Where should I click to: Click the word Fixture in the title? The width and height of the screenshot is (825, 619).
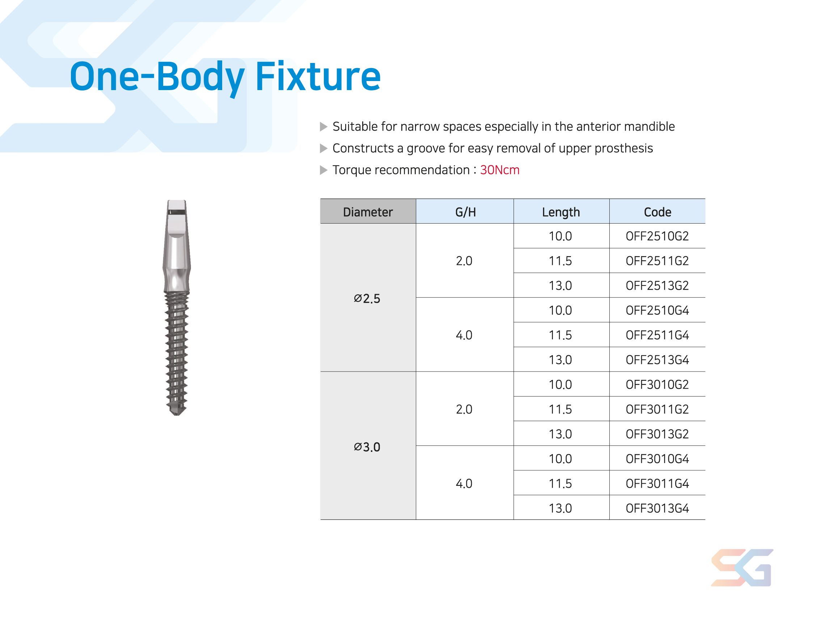point(318,76)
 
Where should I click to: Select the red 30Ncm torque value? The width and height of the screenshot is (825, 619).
point(500,170)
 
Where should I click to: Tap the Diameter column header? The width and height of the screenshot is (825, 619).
point(368,212)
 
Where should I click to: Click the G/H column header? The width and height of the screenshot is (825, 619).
point(465,212)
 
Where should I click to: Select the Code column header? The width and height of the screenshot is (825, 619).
point(657,212)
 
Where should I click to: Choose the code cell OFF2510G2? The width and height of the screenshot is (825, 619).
point(657,236)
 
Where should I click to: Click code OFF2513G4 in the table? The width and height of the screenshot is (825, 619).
point(657,360)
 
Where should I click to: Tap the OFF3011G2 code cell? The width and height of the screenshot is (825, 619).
point(657,410)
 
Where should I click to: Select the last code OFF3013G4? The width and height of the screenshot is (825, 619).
point(657,508)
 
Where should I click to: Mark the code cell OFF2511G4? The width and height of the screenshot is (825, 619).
point(657,335)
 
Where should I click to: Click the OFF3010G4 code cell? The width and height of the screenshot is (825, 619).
point(657,459)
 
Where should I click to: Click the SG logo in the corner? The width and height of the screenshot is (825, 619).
point(742,568)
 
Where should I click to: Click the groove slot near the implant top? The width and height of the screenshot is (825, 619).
point(177,212)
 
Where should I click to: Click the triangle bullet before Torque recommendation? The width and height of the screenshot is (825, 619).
point(323,170)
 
